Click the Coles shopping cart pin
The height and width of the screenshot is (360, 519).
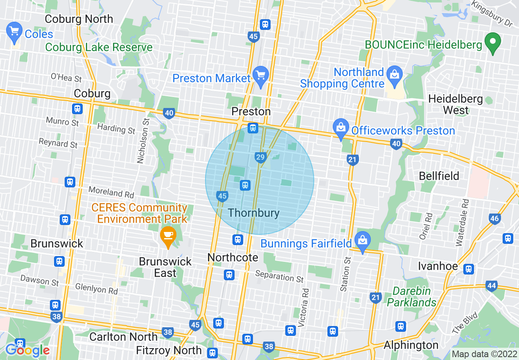pos(14,32)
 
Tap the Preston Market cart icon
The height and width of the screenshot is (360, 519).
pos(261,76)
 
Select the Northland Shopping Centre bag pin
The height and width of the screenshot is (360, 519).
pos(395,76)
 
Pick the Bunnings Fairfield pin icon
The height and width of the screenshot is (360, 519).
pos(363,241)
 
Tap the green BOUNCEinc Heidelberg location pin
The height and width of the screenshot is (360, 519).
pos(493,43)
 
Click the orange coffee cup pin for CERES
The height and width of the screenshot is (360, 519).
pos(168,236)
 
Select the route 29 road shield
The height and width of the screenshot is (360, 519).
pos(260,157)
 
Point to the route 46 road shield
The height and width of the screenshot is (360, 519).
pos(494,218)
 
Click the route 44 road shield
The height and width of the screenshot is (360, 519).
pos(491,285)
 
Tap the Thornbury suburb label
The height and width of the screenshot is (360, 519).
pos(254,213)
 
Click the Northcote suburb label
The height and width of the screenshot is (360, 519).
pos(233,257)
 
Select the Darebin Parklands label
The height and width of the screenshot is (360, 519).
pos(412,297)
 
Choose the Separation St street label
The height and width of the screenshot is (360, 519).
pos(280,276)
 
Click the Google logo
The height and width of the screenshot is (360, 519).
pos(27,350)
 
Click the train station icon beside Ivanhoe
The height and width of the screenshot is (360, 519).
pos(469,269)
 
